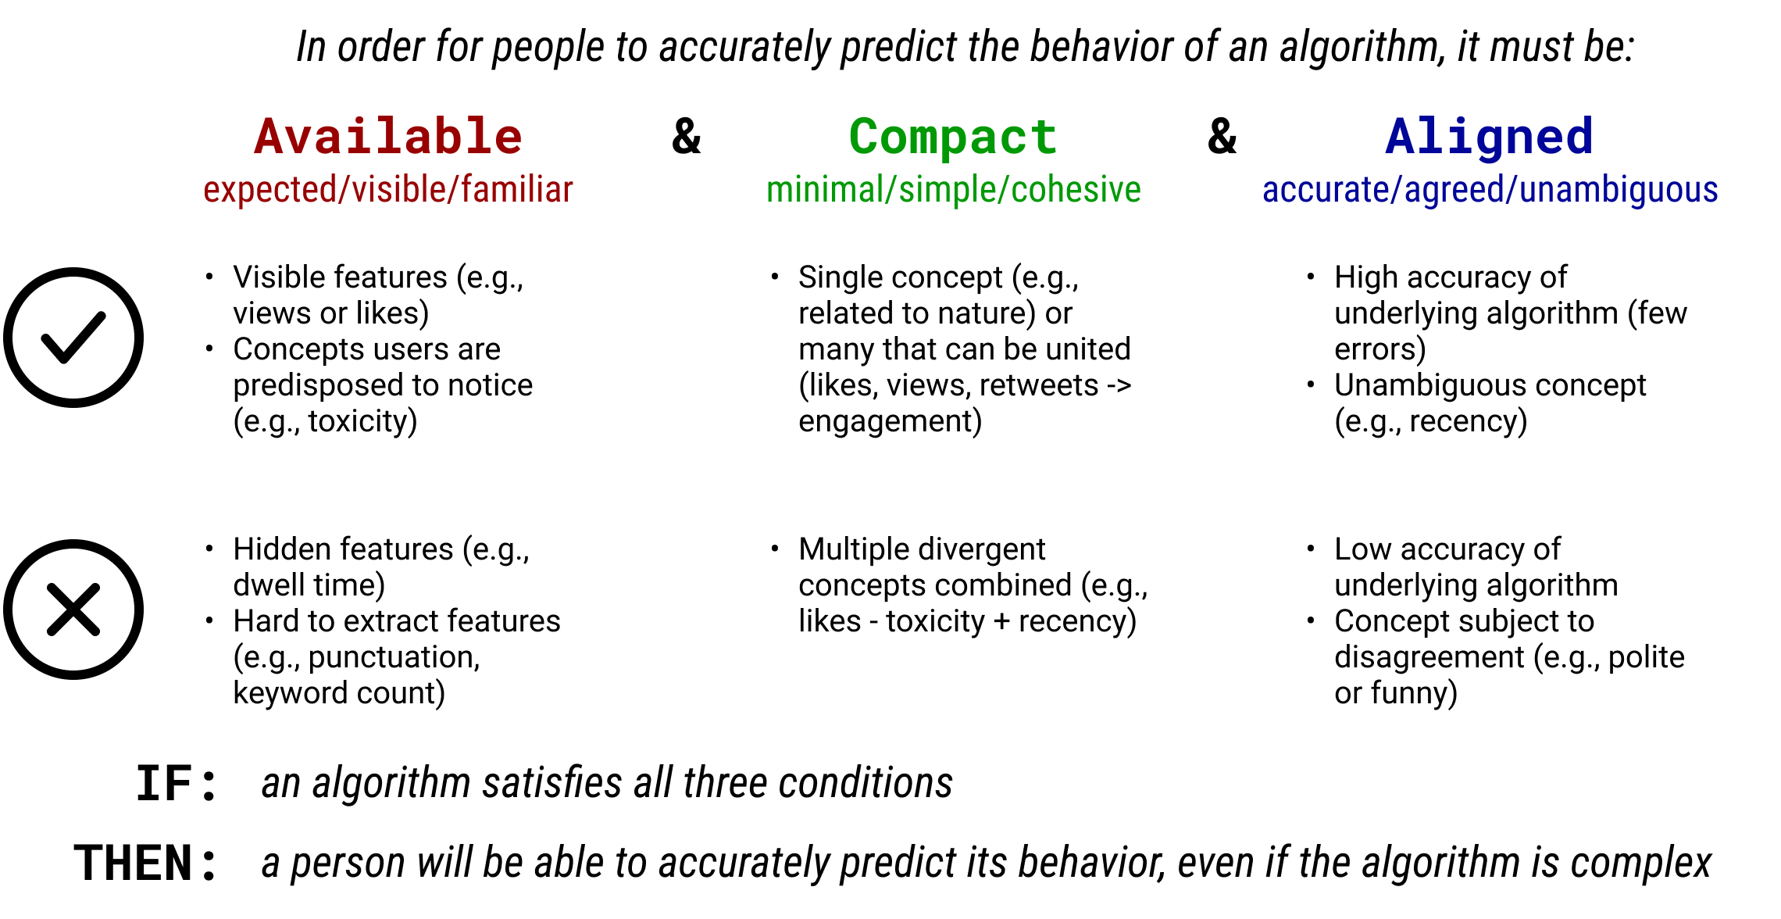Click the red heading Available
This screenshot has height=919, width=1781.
[x=388, y=137]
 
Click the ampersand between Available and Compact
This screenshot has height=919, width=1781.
[x=687, y=137]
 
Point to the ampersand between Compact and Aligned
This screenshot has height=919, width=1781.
[x=1222, y=137]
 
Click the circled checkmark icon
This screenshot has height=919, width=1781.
[x=73, y=338]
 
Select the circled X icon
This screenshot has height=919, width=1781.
[x=73, y=610]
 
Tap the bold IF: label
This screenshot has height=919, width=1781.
[x=177, y=784]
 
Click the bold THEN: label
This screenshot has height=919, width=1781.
[x=145, y=864]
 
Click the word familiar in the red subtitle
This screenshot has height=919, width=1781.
[x=516, y=190]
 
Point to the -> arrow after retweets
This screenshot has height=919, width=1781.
[x=1119, y=385]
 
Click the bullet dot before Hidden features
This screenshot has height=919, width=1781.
[x=209, y=549]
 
